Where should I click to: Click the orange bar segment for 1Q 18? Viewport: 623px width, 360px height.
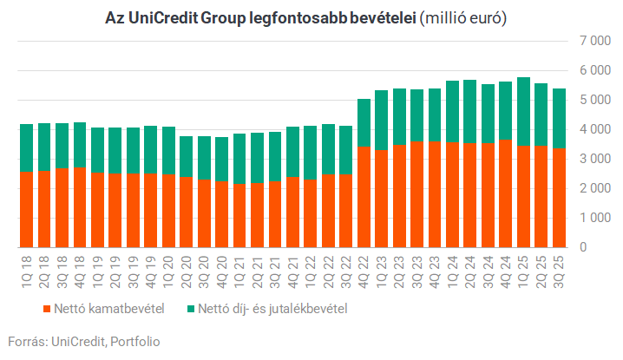(27, 209)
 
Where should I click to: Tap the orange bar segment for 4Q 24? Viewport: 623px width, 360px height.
(505, 193)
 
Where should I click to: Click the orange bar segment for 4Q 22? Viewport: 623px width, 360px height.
(364, 197)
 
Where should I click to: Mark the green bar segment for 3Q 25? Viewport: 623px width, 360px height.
(560, 118)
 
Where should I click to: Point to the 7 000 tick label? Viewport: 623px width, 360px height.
(591, 41)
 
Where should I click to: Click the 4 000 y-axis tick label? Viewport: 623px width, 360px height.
(591, 129)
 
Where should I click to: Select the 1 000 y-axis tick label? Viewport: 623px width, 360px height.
(591, 218)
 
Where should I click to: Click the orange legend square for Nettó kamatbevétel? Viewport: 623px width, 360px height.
(45, 308)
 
